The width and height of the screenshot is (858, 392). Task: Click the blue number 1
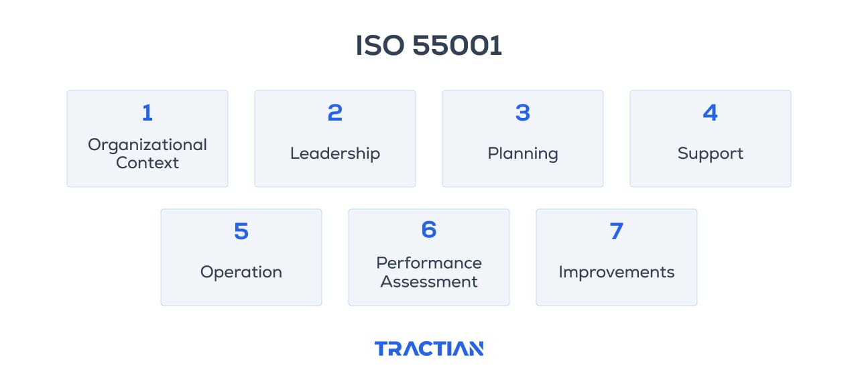pyautogui.click(x=147, y=113)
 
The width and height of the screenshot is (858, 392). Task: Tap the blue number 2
pyautogui.click(x=335, y=113)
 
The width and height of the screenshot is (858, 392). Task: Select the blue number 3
pyautogui.click(x=523, y=113)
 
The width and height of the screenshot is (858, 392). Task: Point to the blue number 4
pyautogui.click(x=711, y=113)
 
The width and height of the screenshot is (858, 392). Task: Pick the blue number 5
pyautogui.click(x=241, y=232)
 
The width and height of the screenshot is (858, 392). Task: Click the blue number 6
pyautogui.click(x=429, y=230)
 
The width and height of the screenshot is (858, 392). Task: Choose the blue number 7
pyautogui.click(x=617, y=232)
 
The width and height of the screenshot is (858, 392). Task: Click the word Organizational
pyautogui.click(x=147, y=145)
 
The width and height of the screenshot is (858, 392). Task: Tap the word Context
pyautogui.click(x=147, y=163)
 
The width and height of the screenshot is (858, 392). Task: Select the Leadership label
pyautogui.click(x=335, y=153)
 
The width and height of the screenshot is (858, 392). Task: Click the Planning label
pyautogui.click(x=523, y=153)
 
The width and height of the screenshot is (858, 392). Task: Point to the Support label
pyautogui.click(x=711, y=153)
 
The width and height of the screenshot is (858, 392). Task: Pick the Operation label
pyautogui.click(x=241, y=272)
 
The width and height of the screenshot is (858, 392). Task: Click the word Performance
pyautogui.click(x=429, y=263)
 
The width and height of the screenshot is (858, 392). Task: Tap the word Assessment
pyautogui.click(x=429, y=281)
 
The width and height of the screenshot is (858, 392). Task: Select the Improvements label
pyautogui.click(x=617, y=272)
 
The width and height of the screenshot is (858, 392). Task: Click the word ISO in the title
pyautogui.click(x=379, y=46)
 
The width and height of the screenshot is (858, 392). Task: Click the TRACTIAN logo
pyautogui.click(x=429, y=348)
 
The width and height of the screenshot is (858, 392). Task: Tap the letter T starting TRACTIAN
pyautogui.click(x=381, y=348)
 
